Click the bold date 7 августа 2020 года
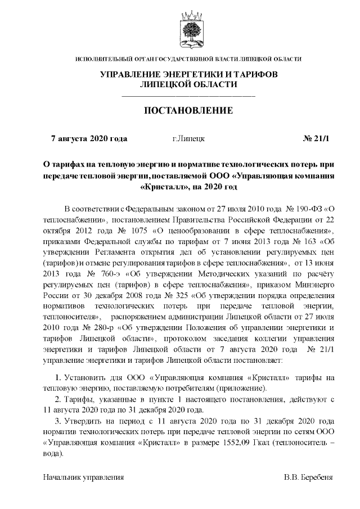89,138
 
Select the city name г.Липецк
188,138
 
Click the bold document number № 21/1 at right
316,138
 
